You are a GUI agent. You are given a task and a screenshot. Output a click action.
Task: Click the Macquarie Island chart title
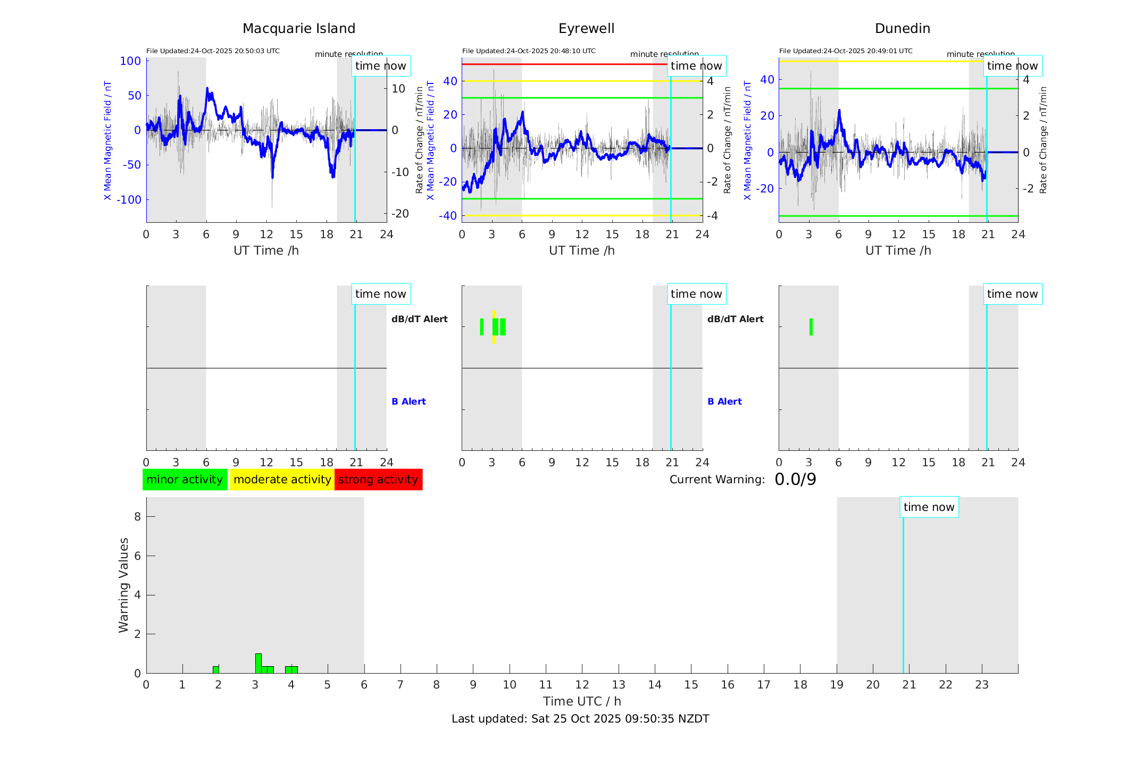[x=298, y=29]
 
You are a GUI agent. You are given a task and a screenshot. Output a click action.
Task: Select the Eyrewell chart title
[x=586, y=29]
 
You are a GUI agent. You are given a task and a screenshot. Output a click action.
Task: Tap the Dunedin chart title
[x=902, y=29]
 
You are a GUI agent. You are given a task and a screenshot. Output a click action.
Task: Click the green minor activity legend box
[x=185, y=480]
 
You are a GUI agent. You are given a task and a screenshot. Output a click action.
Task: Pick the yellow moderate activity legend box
[x=282, y=480]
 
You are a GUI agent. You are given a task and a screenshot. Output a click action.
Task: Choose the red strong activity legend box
[x=378, y=480]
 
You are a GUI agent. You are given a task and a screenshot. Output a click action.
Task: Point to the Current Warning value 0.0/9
[x=795, y=480]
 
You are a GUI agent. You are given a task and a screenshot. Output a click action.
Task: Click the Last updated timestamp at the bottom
[x=580, y=719]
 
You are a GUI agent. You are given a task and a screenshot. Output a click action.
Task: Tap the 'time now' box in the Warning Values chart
[x=929, y=507]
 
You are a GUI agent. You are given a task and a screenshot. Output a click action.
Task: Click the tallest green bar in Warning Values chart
[x=258, y=663]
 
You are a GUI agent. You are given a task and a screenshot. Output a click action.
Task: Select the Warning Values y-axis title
[x=123, y=585]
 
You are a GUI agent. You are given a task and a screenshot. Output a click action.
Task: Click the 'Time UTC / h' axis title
[x=582, y=701]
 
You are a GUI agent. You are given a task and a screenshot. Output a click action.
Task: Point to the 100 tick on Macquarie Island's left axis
[x=130, y=61]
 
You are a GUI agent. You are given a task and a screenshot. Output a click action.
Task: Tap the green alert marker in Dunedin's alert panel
[x=811, y=327]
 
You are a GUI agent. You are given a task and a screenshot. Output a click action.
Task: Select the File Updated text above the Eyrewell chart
[x=529, y=51]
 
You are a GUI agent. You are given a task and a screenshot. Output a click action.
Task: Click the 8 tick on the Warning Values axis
[x=137, y=517]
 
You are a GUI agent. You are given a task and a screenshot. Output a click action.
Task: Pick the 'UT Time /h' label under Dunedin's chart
[x=898, y=250]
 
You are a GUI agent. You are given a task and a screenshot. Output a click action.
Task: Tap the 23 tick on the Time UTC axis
[x=981, y=685]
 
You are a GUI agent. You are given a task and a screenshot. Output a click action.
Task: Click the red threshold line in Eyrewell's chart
[x=564, y=64]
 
